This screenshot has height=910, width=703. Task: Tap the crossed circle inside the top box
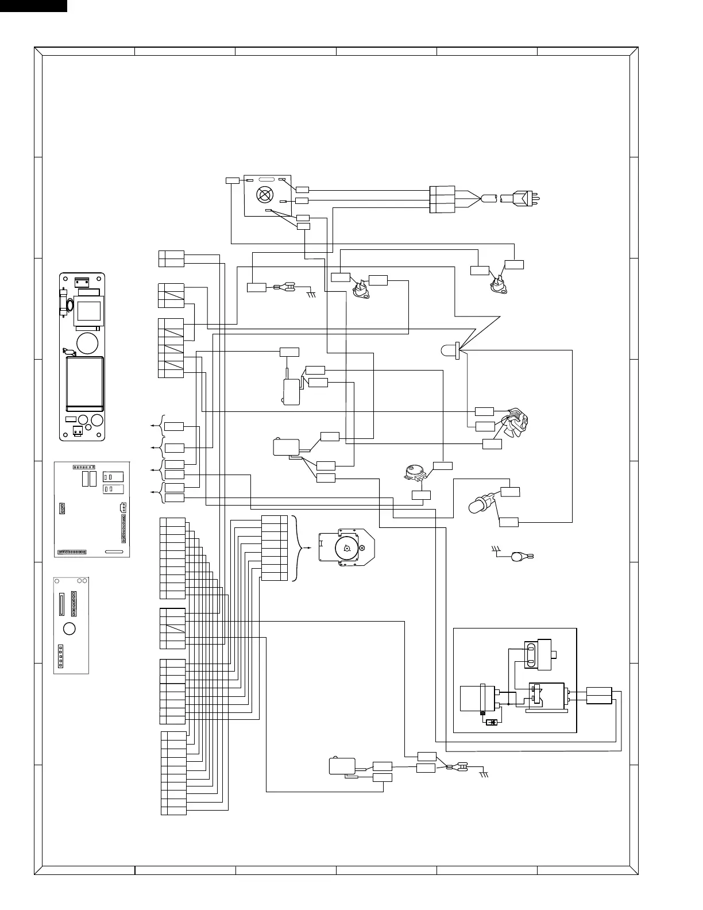[264, 195]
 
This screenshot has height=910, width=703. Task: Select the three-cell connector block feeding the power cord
[442, 199]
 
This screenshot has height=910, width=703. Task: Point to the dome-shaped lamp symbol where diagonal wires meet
[451, 350]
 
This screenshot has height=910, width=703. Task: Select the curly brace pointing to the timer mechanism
[299, 548]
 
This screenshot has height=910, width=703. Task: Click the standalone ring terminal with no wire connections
[520, 556]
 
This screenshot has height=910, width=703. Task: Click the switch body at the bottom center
[341, 766]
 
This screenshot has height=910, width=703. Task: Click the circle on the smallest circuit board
[69, 628]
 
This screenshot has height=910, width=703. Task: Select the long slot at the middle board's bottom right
[114, 552]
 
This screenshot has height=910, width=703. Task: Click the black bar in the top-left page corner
[33, 6]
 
